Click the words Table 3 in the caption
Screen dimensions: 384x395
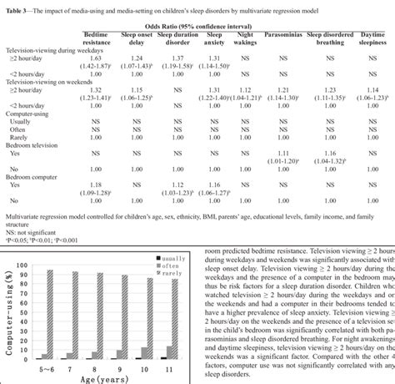14,8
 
